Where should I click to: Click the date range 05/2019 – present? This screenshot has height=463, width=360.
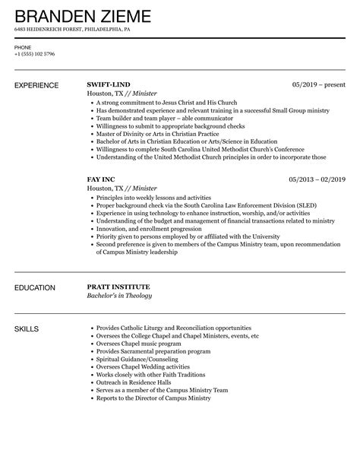tap(318, 83)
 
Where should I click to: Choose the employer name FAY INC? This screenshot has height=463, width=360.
tap(104, 179)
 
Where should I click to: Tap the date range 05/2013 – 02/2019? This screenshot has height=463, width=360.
tap(317, 179)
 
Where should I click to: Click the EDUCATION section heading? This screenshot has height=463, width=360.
tap(35, 287)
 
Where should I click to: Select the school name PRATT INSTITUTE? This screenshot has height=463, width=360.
tap(118, 287)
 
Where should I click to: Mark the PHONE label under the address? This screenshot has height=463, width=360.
tap(23, 47)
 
